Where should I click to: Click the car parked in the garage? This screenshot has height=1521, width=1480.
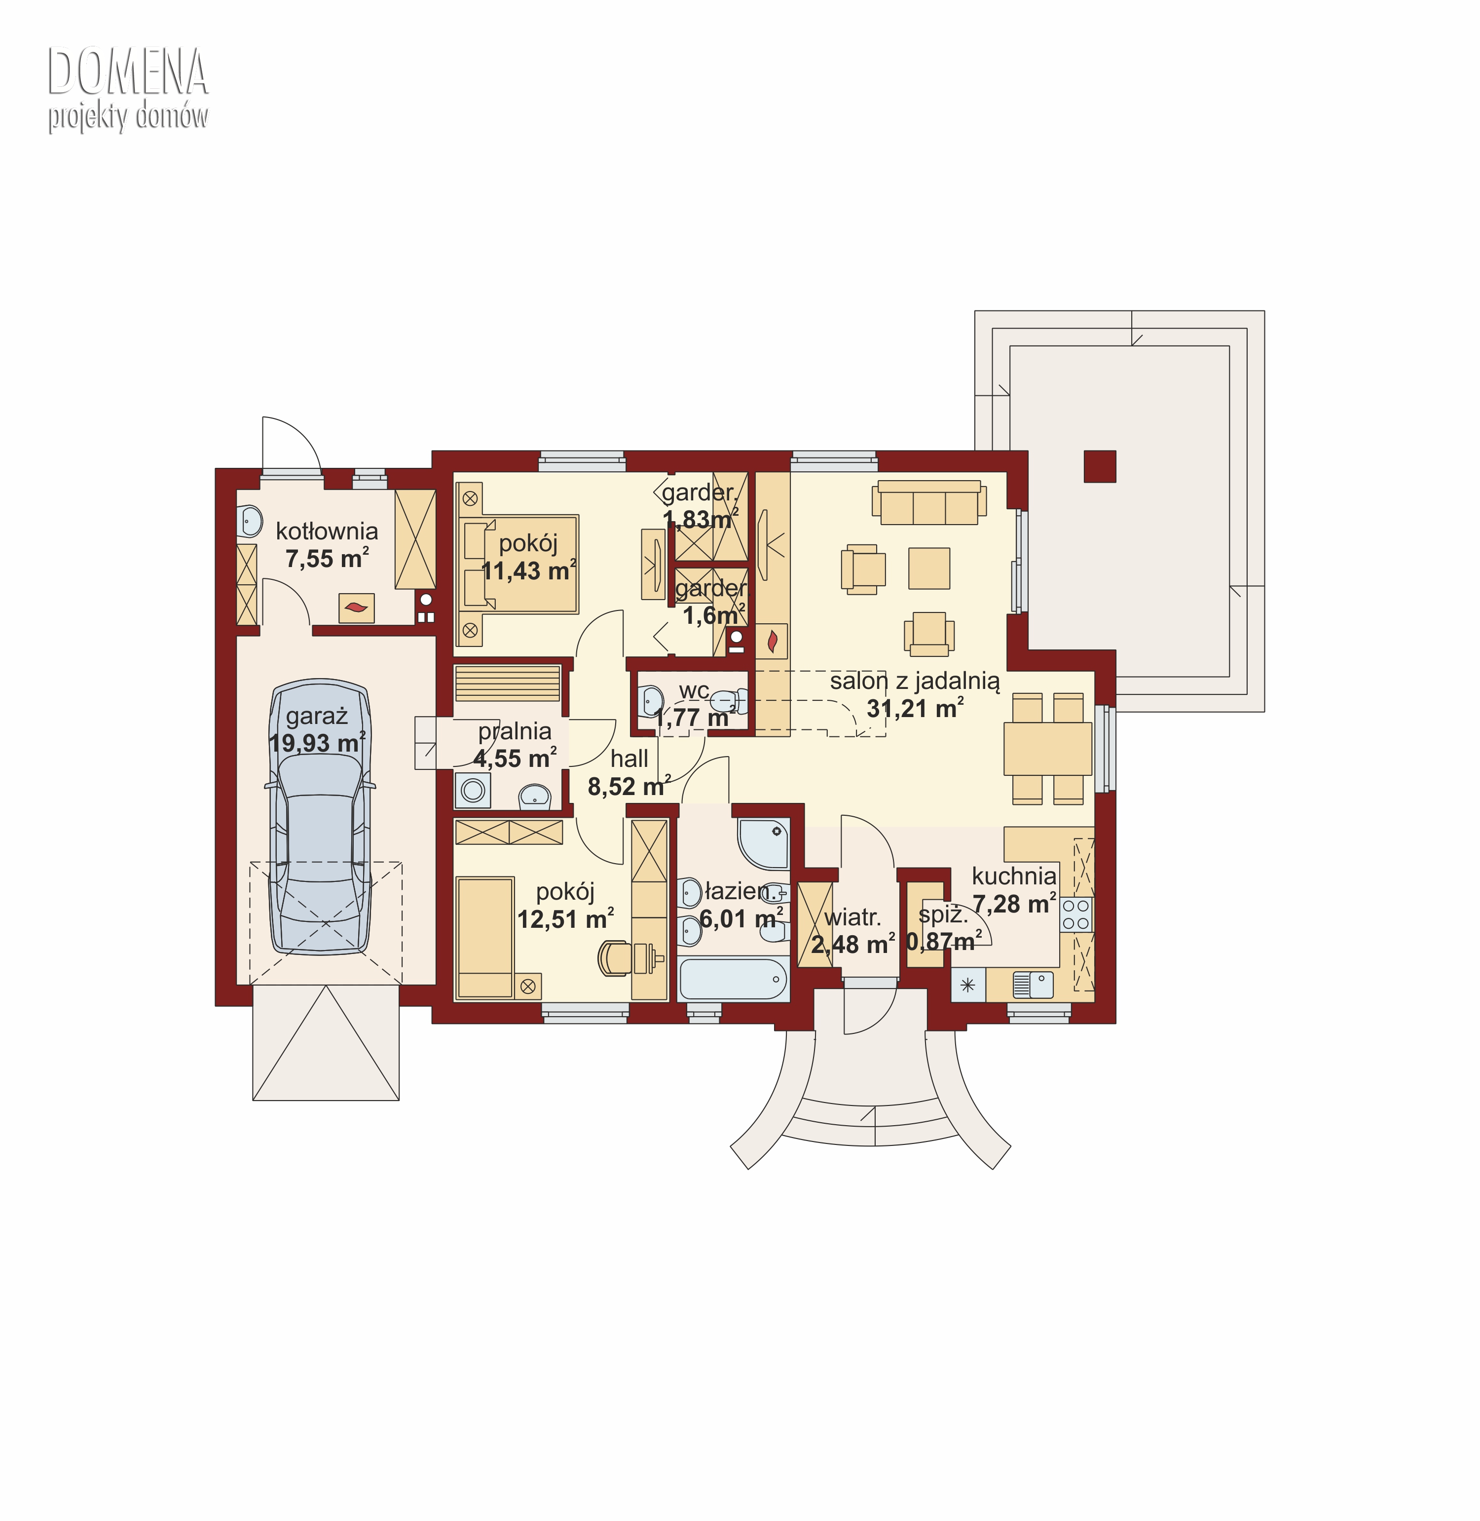click(320, 816)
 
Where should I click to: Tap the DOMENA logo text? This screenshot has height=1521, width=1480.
click(128, 72)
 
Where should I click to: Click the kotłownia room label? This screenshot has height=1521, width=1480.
click(327, 531)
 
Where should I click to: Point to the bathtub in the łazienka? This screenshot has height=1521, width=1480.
click(733, 979)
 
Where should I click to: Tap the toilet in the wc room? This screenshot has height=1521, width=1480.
click(729, 701)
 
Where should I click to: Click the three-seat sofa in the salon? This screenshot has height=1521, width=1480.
click(929, 502)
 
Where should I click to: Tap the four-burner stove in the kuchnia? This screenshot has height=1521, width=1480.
click(1076, 914)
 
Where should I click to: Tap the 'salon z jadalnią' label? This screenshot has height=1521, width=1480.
click(915, 681)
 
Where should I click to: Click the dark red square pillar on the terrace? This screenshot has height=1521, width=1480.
click(1100, 466)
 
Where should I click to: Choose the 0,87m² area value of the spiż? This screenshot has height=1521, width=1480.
click(944, 942)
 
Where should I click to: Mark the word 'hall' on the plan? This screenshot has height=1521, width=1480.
click(629, 758)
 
